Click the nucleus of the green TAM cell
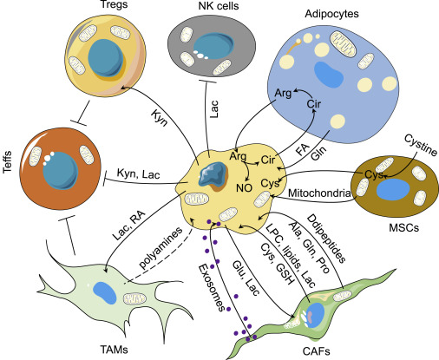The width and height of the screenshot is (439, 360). pyautogui.click(x=105, y=291)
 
